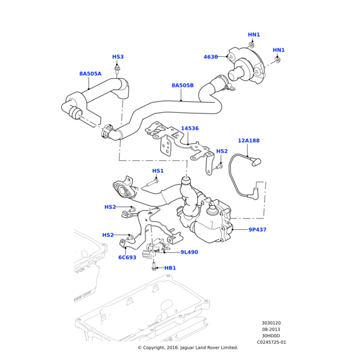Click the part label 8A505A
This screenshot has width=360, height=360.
[x=90, y=74]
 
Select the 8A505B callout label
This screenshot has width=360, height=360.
[x=182, y=85]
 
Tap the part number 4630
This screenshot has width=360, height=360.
[x=211, y=57]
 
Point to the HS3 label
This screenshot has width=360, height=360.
[x=118, y=57]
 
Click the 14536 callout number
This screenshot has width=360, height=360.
[x=190, y=128]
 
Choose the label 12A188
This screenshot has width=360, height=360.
[x=248, y=140]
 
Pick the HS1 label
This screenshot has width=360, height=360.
[x=158, y=171]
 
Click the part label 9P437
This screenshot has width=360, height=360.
[x=257, y=230]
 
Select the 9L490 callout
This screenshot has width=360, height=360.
[x=189, y=253]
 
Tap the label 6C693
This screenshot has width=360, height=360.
[x=127, y=257]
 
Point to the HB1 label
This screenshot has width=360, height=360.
[x=170, y=268]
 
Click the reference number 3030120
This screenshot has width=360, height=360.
[x=271, y=323]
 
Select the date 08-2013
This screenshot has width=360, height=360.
[x=271, y=329]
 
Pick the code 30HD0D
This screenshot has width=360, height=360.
[x=271, y=336]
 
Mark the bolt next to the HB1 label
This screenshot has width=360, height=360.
[x=154, y=267]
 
